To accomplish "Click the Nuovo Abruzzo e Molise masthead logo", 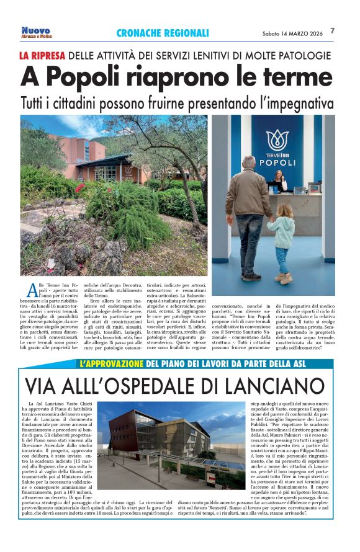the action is [36, 32].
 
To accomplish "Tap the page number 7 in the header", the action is [333, 31].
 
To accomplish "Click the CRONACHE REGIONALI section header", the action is [163, 33].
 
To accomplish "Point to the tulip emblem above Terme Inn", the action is [277, 140].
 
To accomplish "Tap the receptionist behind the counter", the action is [277, 180].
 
